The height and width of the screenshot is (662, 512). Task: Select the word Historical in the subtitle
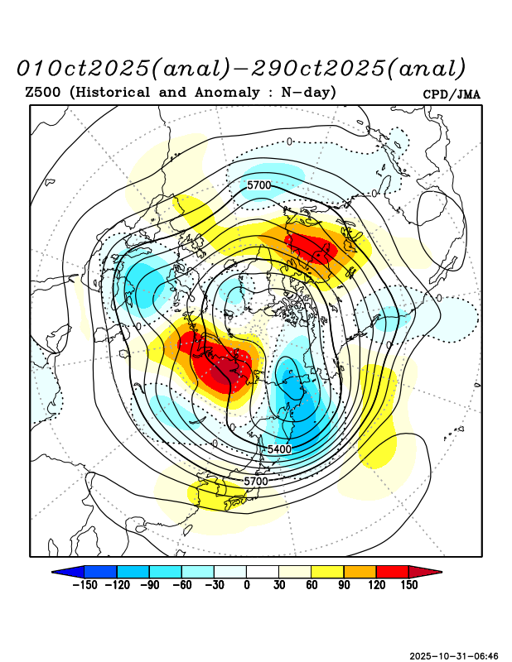tap(113, 92)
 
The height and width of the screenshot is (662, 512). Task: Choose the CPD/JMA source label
tap(452, 94)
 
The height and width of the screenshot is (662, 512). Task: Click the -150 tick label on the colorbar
tap(84, 585)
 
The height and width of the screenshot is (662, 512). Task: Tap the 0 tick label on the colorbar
tap(247, 585)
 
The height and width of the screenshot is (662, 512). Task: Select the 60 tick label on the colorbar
tap(312, 585)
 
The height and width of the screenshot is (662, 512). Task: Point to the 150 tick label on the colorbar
tap(408, 585)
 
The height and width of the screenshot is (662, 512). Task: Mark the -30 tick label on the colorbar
tap(214, 585)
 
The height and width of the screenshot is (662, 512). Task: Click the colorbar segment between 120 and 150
tap(392, 571)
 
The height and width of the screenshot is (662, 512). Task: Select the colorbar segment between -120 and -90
tap(133, 571)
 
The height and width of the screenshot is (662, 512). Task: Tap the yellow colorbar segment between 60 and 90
tap(327, 571)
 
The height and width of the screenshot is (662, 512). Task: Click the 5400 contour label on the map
tap(279, 449)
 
